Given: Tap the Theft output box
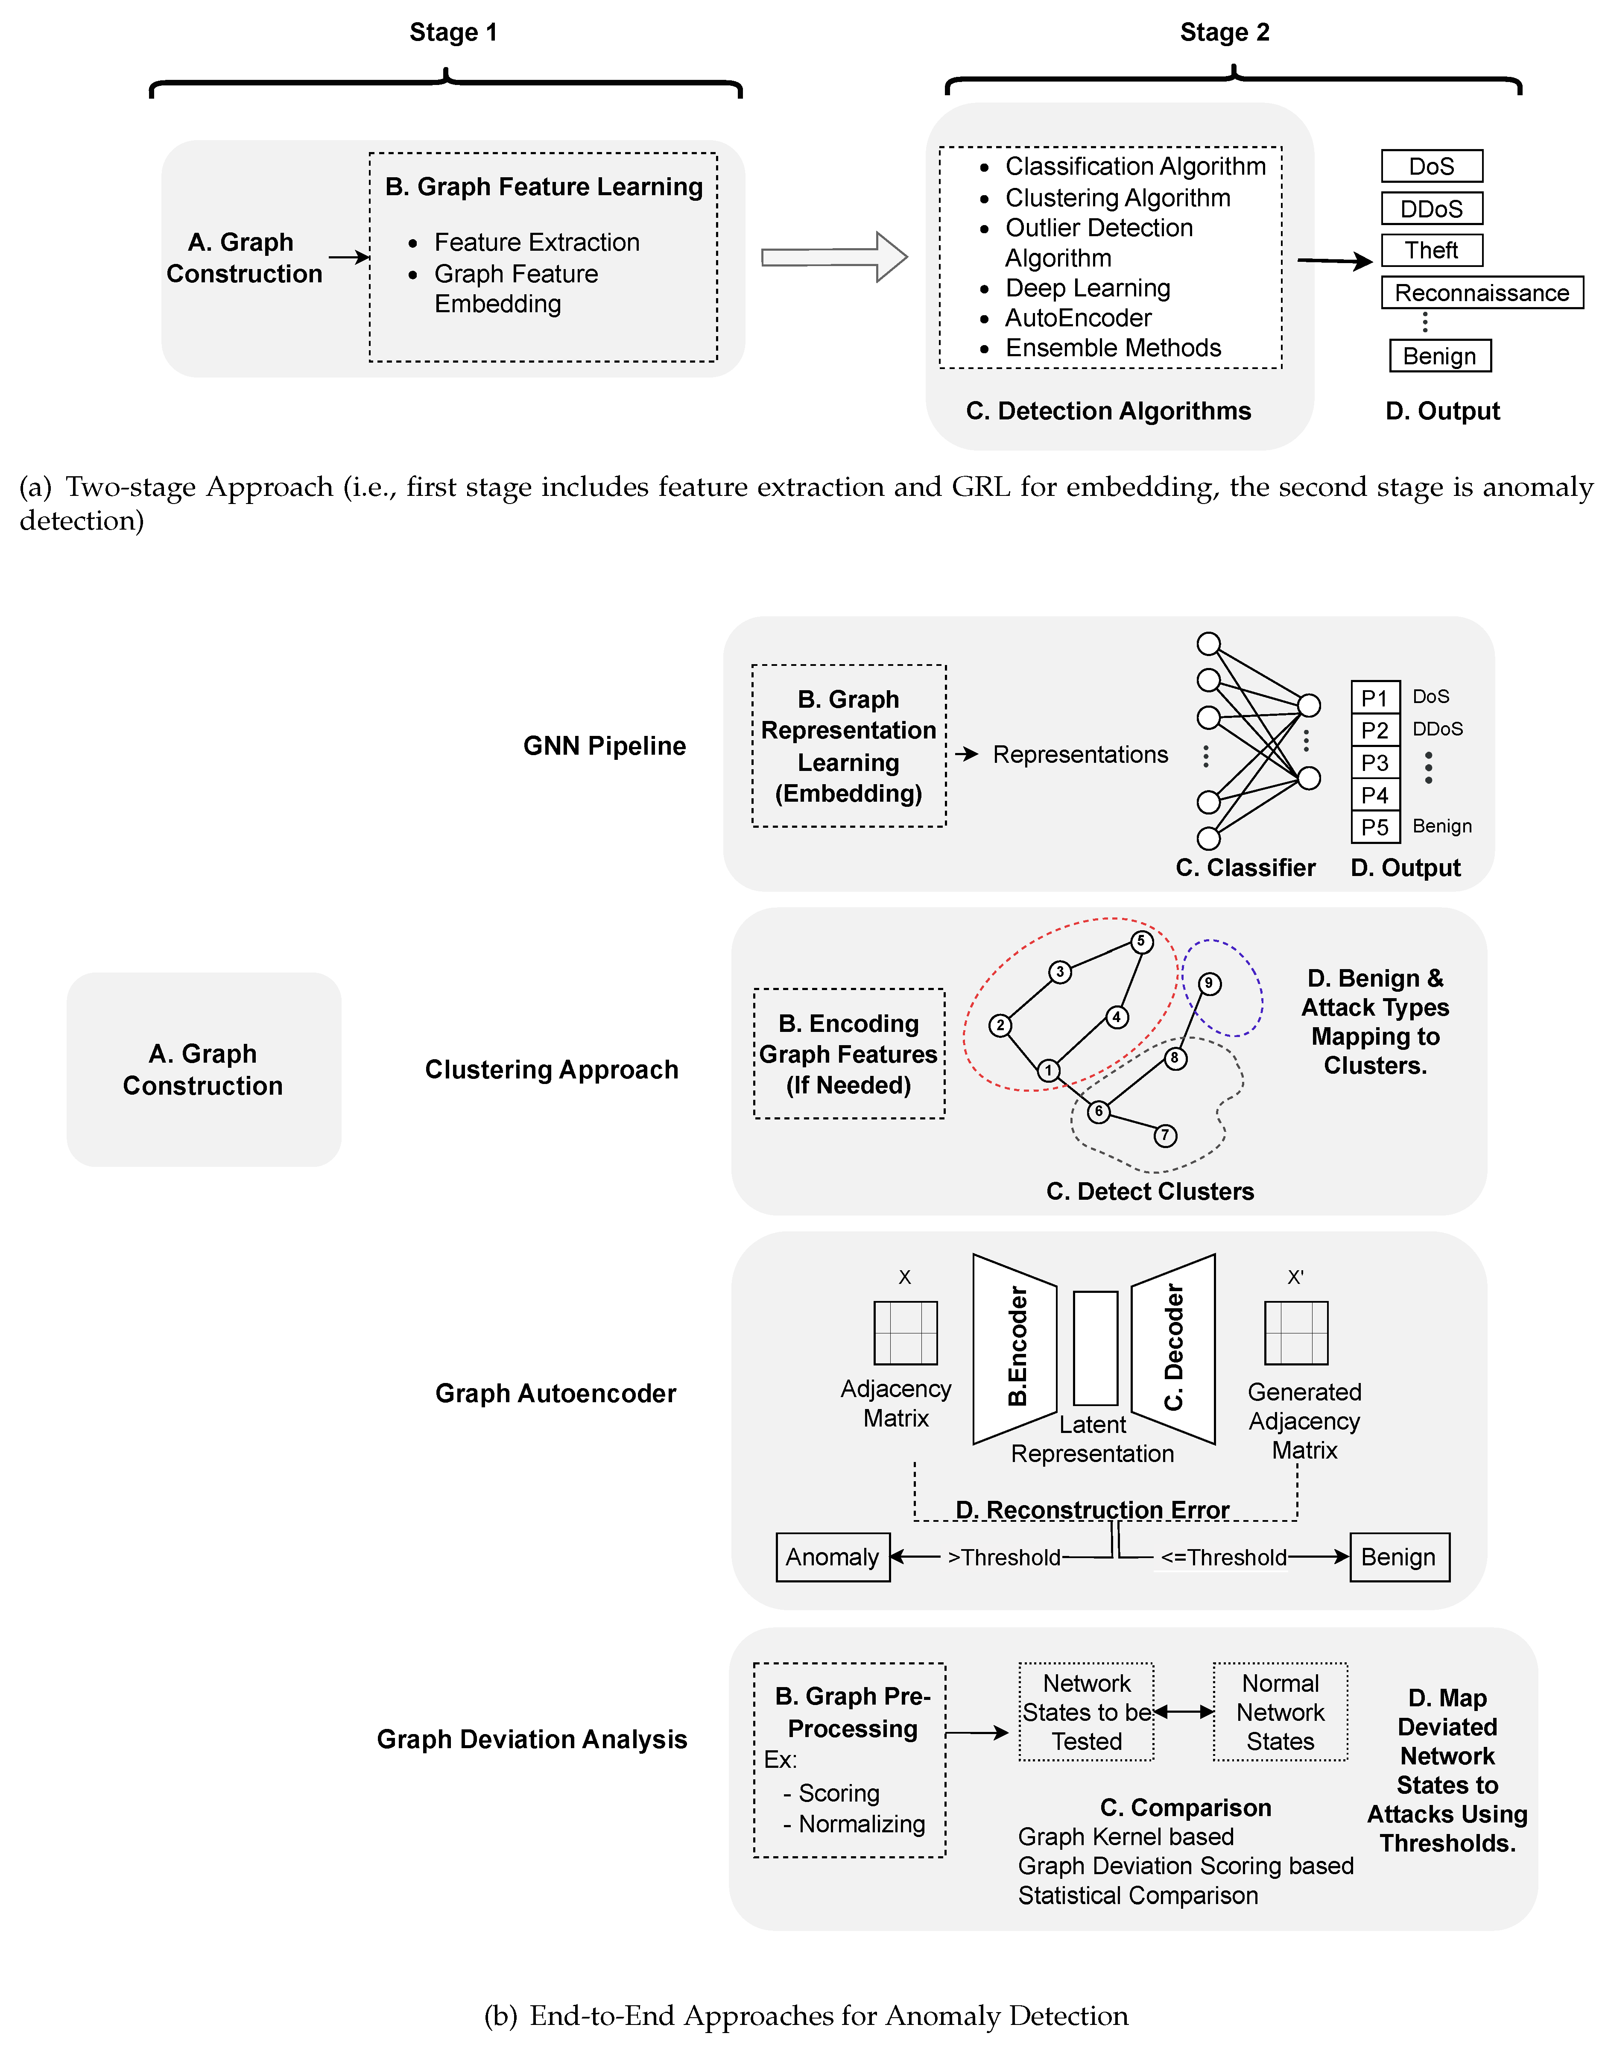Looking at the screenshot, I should tap(1431, 250).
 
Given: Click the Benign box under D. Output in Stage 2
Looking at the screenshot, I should tap(1439, 356).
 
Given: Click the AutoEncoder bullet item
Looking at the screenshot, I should tap(1078, 318).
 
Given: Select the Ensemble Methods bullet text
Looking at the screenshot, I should tap(1113, 349).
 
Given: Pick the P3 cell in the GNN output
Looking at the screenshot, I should tap(1374, 763).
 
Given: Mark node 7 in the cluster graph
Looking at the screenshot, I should tap(1164, 1136).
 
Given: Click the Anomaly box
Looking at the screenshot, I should tap(832, 1557).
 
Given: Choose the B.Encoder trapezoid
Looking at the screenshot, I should tap(1015, 1348).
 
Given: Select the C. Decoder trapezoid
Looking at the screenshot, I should tap(1174, 1348).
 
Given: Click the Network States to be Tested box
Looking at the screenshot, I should tap(1086, 1712).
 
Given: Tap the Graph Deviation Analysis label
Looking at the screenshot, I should tap(532, 1739).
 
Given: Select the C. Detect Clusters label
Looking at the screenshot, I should tap(1149, 1192).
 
